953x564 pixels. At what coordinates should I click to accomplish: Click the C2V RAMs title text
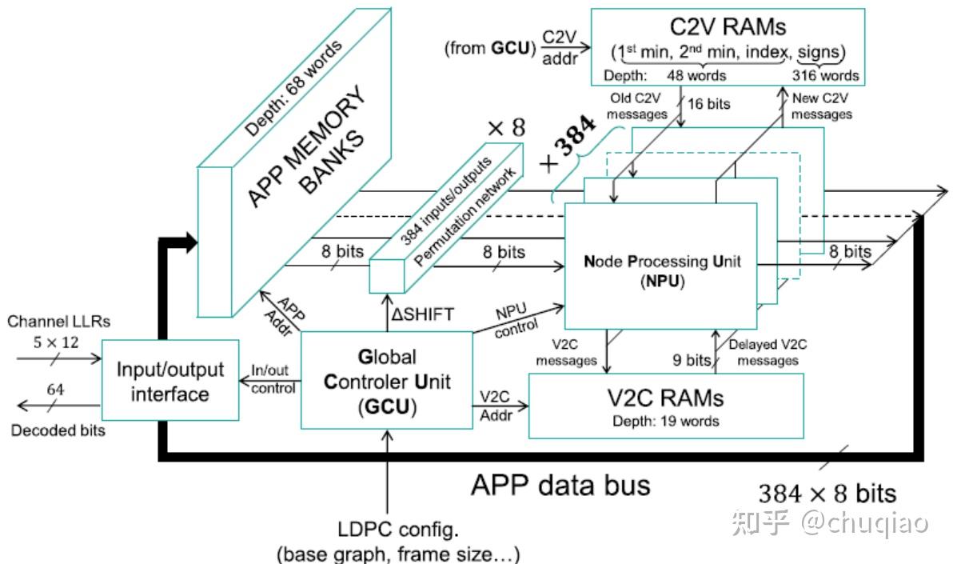[x=727, y=26]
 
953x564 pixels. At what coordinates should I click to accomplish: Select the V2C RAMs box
[x=666, y=406]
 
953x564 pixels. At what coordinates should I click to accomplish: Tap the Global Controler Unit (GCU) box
[x=386, y=381]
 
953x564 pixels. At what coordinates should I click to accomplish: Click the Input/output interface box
[x=169, y=382]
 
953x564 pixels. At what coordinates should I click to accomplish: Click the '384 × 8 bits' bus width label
[x=827, y=493]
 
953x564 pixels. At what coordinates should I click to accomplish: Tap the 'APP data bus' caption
[x=560, y=485]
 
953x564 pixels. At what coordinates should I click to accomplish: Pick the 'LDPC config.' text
[x=388, y=530]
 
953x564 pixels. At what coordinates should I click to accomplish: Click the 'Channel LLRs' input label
[x=58, y=322]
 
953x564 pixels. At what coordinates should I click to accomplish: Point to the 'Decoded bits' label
[x=58, y=430]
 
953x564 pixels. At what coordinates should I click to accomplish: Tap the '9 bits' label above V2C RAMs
[x=693, y=360]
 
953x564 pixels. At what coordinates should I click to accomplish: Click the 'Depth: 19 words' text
[x=666, y=421]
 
